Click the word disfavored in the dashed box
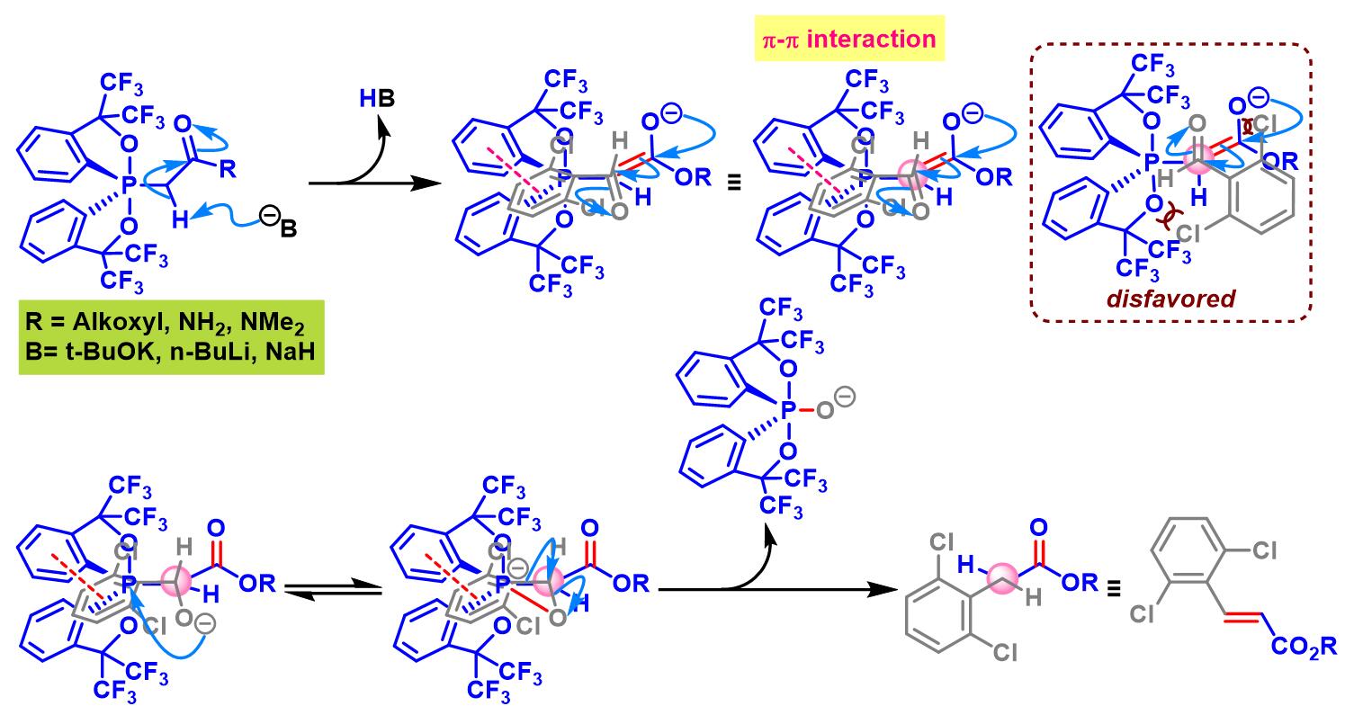pyautogui.click(x=1170, y=298)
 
